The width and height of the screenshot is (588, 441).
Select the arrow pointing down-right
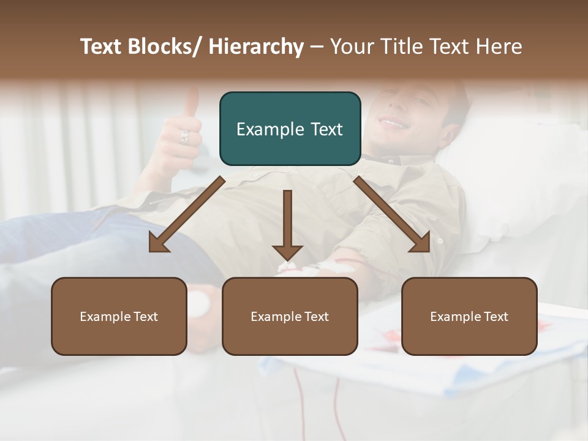392,214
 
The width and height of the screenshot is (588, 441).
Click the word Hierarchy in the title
256,47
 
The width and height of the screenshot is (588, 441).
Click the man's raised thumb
192,101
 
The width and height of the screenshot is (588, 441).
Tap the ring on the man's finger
184,136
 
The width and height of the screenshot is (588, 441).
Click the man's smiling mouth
393,123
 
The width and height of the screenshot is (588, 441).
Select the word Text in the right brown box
495,317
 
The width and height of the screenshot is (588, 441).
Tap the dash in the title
317,47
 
